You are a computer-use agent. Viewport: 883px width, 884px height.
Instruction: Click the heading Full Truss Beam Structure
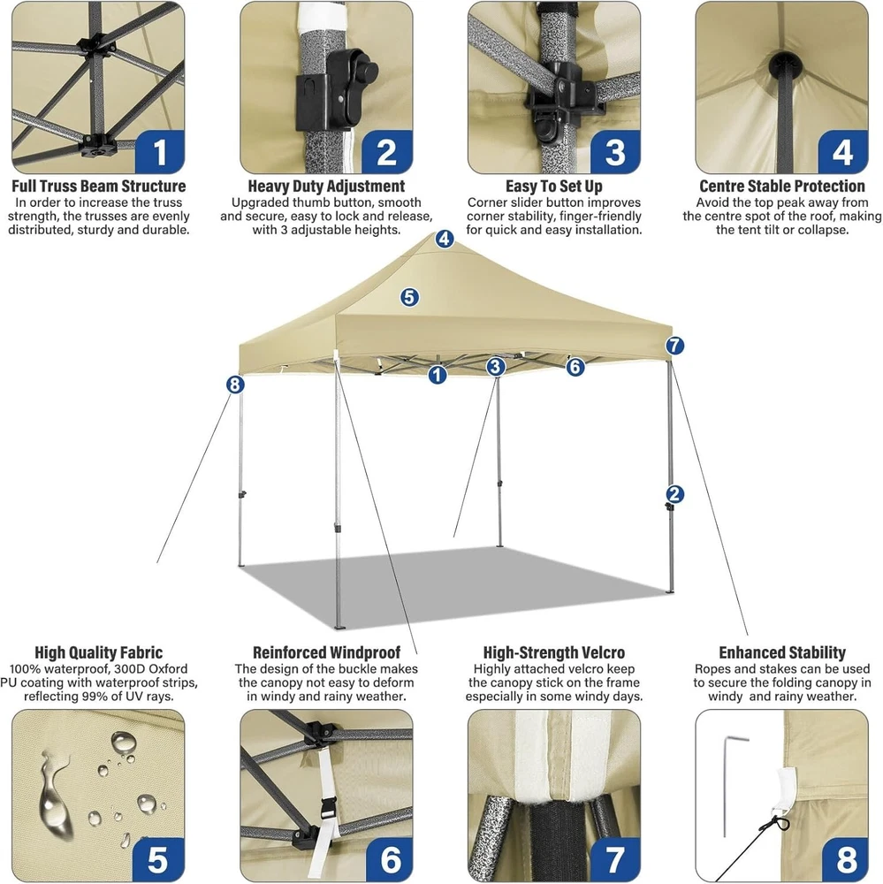tap(99, 186)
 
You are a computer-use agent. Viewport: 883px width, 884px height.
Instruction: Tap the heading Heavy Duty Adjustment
tap(326, 186)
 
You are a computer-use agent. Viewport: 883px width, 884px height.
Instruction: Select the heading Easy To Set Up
tap(553, 186)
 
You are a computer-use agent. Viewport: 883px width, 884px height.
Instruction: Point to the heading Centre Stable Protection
tap(782, 186)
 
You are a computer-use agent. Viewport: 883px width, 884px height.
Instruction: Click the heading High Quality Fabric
tap(99, 653)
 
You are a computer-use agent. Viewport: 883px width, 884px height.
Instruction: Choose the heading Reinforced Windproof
tap(326, 653)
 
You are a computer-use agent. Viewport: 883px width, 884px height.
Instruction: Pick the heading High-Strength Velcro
tap(553, 653)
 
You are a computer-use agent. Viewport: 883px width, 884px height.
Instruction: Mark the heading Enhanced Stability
tap(782, 653)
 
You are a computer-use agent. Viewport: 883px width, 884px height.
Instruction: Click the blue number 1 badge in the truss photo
tap(160, 151)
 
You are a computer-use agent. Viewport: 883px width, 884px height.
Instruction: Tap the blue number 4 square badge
tap(842, 151)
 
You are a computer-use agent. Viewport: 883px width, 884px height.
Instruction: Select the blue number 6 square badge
tap(389, 858)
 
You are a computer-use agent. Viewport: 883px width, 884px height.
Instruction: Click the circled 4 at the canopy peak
tap(445, 239)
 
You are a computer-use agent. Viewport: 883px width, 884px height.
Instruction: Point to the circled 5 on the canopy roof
tap(409, 297)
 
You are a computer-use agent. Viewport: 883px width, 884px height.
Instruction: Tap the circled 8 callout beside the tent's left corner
tap(235, 385)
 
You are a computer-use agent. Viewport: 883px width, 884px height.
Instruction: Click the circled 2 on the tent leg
tap(674, 494)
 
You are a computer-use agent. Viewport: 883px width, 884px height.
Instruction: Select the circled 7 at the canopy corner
tap(674, 346)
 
